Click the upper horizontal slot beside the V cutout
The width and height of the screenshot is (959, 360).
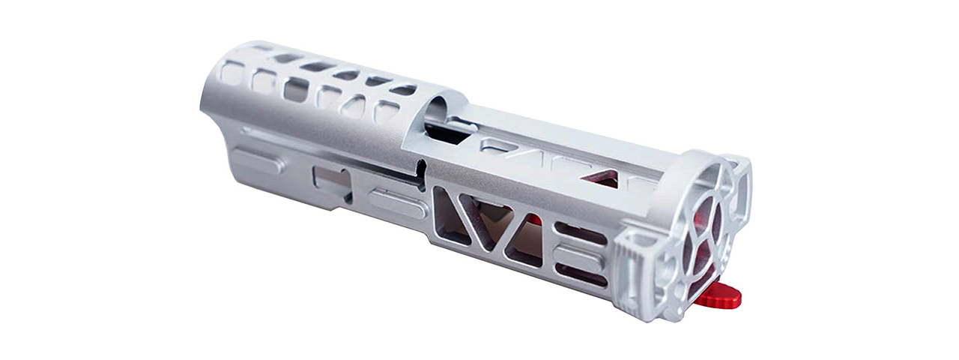[x=580, y=235]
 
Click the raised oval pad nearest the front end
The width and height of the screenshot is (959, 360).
[x=255, y=160]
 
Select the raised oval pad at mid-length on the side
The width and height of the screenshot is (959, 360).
[x=397, y=203]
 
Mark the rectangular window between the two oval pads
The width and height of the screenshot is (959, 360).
[x=332, y=182]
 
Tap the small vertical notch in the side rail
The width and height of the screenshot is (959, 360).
[x=422, y=174]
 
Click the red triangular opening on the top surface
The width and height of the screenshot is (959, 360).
[x=604, y=178]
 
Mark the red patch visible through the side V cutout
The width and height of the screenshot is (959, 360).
[x=532, y=220]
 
